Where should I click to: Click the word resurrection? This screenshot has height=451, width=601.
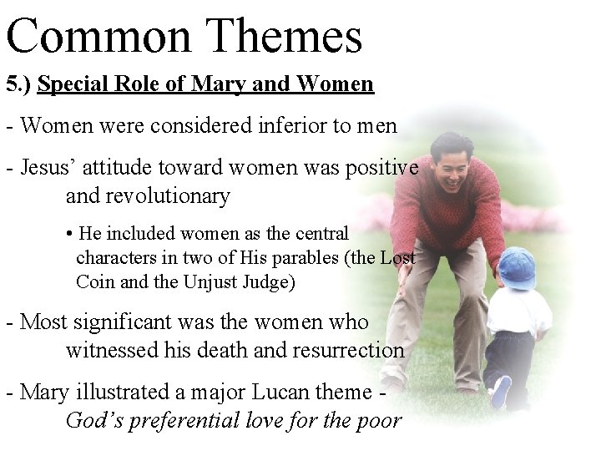click(x=349, y=350)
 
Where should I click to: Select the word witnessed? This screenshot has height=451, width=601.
click(x=108, y=350)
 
